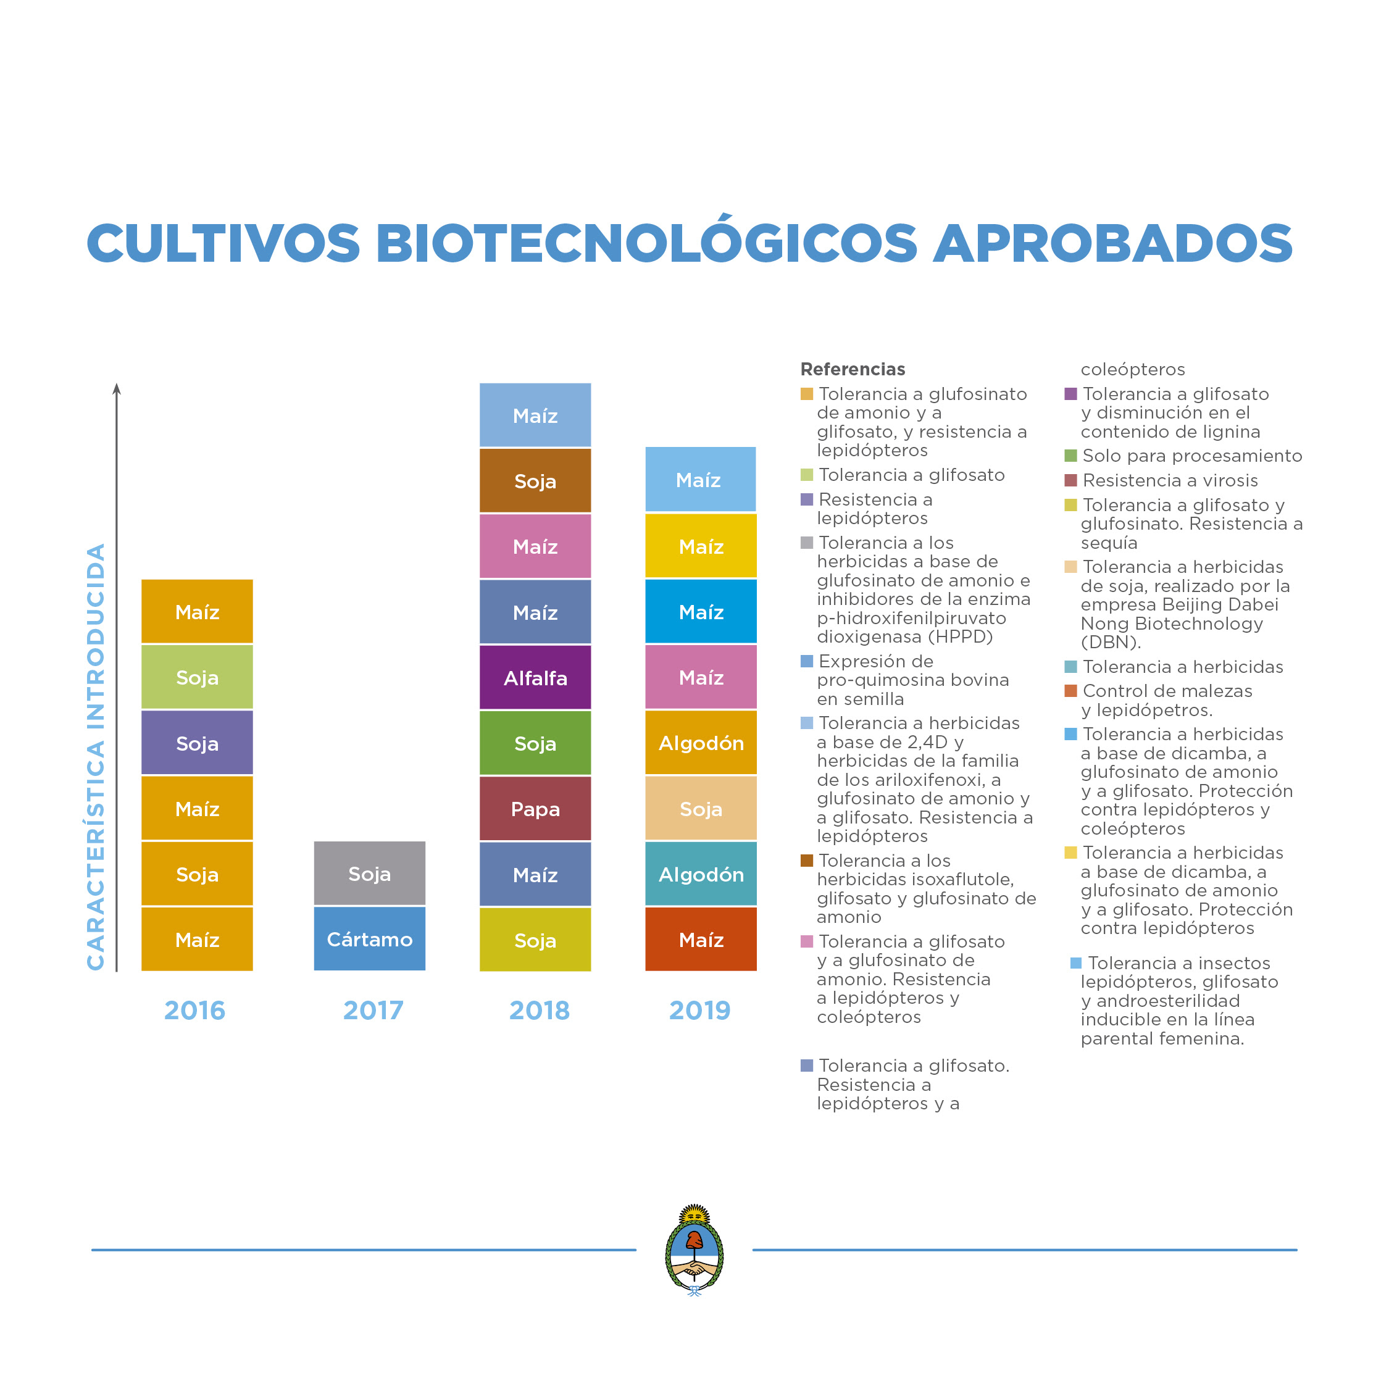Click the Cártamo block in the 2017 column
(x=370, y=939)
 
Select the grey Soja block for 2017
(x=370, y=874)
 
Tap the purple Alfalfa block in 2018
(x=535, y=677)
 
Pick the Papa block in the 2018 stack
(x=535, y=809)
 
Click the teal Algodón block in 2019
(x=701, y=874)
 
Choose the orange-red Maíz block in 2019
(x=701, y=939)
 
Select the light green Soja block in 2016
(x=197, y=677)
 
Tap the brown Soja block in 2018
(x=535, y=481)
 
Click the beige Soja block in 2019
(x=701, y=809)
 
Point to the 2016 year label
(x=195, y=1010)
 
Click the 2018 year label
(x=539, y=1010)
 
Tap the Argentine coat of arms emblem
(x=694, y=1249)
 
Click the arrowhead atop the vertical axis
(x=117, y=390)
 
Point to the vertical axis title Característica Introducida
(x=96, y=756)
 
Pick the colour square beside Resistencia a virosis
(x=1070, y=480)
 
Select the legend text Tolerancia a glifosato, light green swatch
(x=912, y=475)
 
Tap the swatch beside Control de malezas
(x=1070, y=691)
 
